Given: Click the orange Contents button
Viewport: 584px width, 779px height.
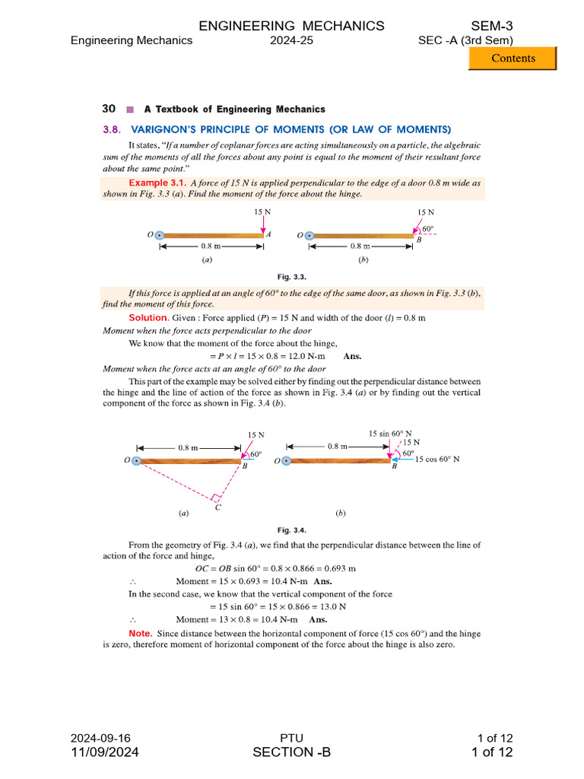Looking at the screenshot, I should pos(512,59).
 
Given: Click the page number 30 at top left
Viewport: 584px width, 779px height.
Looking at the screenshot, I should pos(109,109).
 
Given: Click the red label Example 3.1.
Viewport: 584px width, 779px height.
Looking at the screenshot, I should pos(157,183).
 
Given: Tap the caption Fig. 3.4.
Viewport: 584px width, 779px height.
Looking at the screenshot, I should pos(292,530).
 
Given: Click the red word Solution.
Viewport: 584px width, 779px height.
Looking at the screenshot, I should pos(148,318).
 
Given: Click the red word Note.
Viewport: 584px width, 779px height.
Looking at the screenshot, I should pos(140,633).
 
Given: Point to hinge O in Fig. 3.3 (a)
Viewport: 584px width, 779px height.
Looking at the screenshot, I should pos(159,236).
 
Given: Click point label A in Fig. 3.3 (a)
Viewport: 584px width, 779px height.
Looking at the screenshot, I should pos(268,235).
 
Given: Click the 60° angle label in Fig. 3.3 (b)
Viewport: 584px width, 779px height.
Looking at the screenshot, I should pos(428,228).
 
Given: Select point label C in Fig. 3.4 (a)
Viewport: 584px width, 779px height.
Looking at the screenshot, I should pos(218,506).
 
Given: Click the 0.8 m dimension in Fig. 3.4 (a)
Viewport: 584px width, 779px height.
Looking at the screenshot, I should pos(189,448).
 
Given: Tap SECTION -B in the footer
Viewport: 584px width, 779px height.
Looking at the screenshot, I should pos(292,753).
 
